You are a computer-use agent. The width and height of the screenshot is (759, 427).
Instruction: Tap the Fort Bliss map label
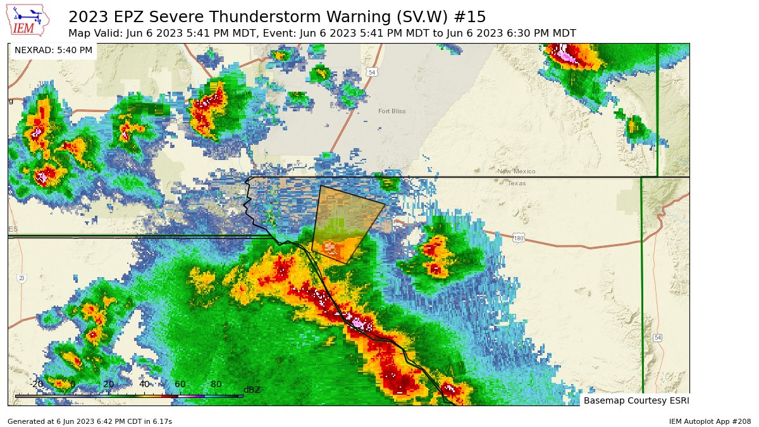click(x=392, y=111)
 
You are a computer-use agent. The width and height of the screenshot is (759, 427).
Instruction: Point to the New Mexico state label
click(x=516, y=171)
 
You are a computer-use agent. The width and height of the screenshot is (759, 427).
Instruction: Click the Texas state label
click(x=517, y=183)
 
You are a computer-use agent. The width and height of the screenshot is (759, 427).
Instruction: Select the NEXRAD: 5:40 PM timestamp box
click(x=53, y=50)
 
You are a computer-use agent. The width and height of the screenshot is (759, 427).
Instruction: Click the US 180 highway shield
click(x=519, y=238)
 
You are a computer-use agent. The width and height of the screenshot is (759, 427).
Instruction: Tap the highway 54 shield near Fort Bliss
click(x=373, y=72)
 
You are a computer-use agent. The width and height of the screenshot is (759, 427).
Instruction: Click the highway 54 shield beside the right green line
click(x=658, y=337)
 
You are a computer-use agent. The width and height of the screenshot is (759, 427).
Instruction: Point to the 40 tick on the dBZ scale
click(x=144, y=384)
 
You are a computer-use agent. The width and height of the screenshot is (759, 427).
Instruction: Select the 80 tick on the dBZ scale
click(x=216, y=384)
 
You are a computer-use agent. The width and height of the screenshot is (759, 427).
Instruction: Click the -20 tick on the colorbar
click(x=37, y=384)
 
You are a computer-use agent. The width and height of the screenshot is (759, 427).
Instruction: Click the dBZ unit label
click(x=252, y=390)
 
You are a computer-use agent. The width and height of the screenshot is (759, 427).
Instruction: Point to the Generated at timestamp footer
click(x=89, y=421)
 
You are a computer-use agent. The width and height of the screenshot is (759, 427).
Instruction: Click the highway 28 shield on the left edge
click(x=22, y=278)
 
